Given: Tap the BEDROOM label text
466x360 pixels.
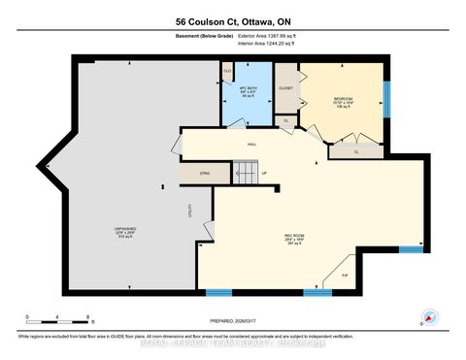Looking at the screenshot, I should point(345,99).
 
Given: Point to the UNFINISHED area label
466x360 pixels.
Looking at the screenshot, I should point(125,231).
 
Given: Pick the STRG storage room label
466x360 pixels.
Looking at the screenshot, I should point(205,175).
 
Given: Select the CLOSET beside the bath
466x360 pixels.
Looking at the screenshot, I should point(286,88).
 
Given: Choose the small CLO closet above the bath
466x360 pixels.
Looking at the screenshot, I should point(227,71).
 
